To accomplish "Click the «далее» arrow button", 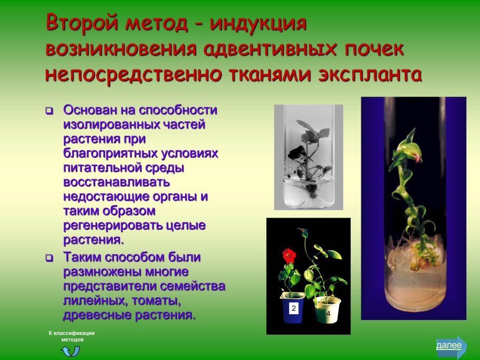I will (x=450, y=346).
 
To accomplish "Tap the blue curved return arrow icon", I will (x=71, y=351).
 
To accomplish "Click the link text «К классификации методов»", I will (x=71, y=336).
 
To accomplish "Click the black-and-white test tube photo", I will (x=308, y=157).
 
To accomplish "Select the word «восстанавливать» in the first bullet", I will (x=116, y=182).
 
